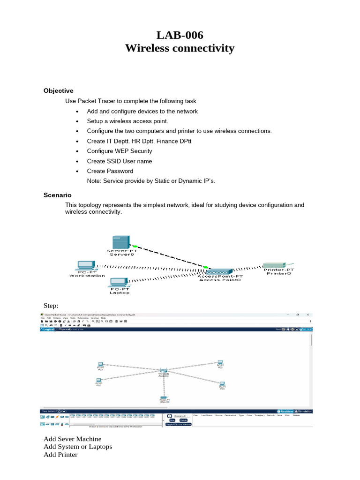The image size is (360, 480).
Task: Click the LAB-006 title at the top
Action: coord(180,35)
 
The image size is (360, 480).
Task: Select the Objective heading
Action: coord(58,90)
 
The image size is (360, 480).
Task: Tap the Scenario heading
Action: coord(57,195)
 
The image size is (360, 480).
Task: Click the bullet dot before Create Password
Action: coord(77,171)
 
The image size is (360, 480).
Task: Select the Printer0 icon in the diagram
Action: coord(278,265)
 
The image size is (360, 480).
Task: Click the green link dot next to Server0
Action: coord(135,246)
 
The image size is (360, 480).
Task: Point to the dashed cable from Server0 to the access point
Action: coord(170,256)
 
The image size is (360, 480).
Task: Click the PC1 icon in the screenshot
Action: coord(100,364)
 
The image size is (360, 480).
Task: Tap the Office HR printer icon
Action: coord(164,398)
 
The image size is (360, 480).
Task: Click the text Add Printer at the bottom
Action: coord(60,454)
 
